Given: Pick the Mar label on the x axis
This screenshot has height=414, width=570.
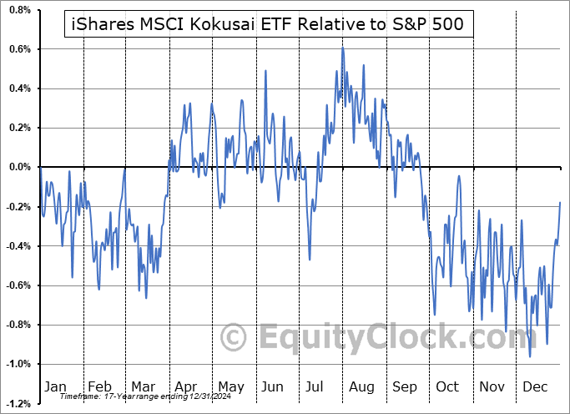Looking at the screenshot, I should (142, 386).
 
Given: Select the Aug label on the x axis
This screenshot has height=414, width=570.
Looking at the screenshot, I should (361, 386).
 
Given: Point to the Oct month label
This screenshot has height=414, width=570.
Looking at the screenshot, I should (448, 386).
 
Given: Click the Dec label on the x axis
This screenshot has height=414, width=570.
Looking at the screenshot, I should (536, 386).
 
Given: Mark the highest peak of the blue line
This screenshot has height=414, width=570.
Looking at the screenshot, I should (342, 48).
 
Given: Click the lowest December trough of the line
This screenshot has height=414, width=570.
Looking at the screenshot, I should (530, 356).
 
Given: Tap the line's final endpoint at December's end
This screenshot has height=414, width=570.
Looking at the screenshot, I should (560, 202).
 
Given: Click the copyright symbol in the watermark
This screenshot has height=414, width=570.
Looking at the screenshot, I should (233, 337).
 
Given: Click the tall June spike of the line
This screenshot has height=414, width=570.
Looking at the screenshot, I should (265, 70).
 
